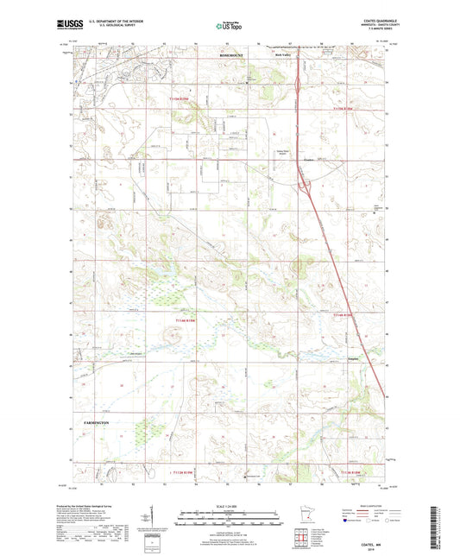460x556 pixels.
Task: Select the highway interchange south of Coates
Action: (x=305, y=182)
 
